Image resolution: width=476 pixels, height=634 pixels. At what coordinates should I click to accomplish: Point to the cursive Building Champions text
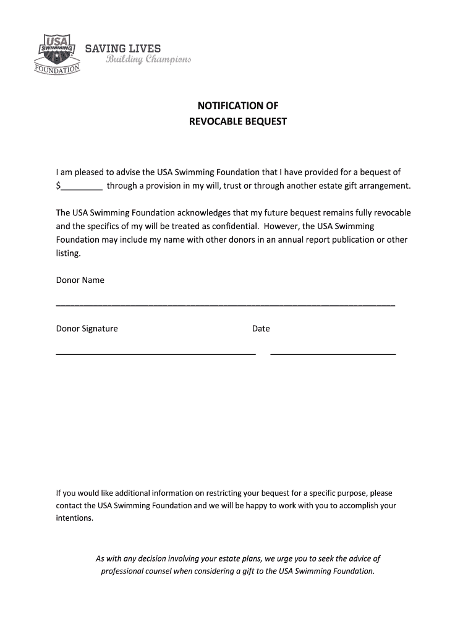[x=148, y=60]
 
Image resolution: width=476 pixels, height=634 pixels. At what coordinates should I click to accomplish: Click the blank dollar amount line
[x=82, y=186]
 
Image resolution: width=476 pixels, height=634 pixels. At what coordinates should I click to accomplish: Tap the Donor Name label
[x=80, y=280]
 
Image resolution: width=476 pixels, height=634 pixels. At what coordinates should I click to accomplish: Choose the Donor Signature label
[x=87, y=329]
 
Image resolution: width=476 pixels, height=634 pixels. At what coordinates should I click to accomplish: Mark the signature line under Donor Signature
[x=156, y=354]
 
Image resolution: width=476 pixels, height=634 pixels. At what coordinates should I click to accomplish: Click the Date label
[x=261, y=329]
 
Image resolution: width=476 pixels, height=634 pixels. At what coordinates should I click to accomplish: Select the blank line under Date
[x=333, y=354]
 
